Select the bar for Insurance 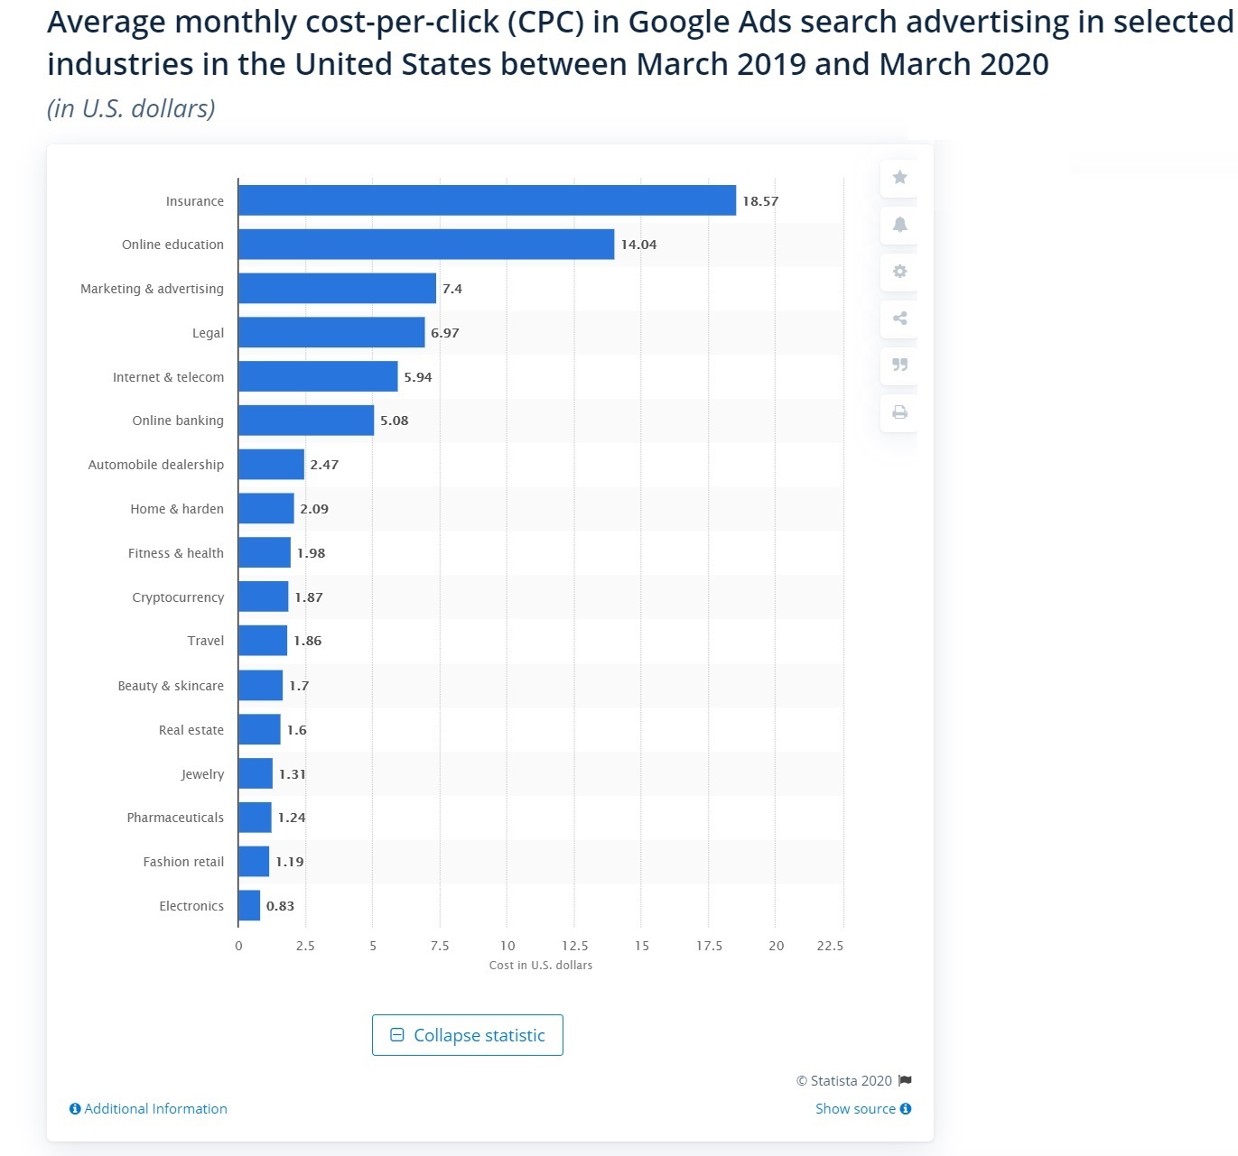tap(487, 200)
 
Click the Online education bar tap(426, 245)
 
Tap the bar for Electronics tap(249, 906)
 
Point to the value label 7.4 tap(451, 289)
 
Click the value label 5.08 tap(394, 421)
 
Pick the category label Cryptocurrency tap(178, 597)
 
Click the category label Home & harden tap(177, 509)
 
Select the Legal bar tap(331, 332)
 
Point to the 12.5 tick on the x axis tap(574, 946)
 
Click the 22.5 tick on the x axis tap(829, 946)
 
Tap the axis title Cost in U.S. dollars tap(541, 966)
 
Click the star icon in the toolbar tap(899, 177)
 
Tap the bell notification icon tap(899, 224)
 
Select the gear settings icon tap(899, 271)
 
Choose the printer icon tap(899, 412)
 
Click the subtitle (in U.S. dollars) tap(131, 109)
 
